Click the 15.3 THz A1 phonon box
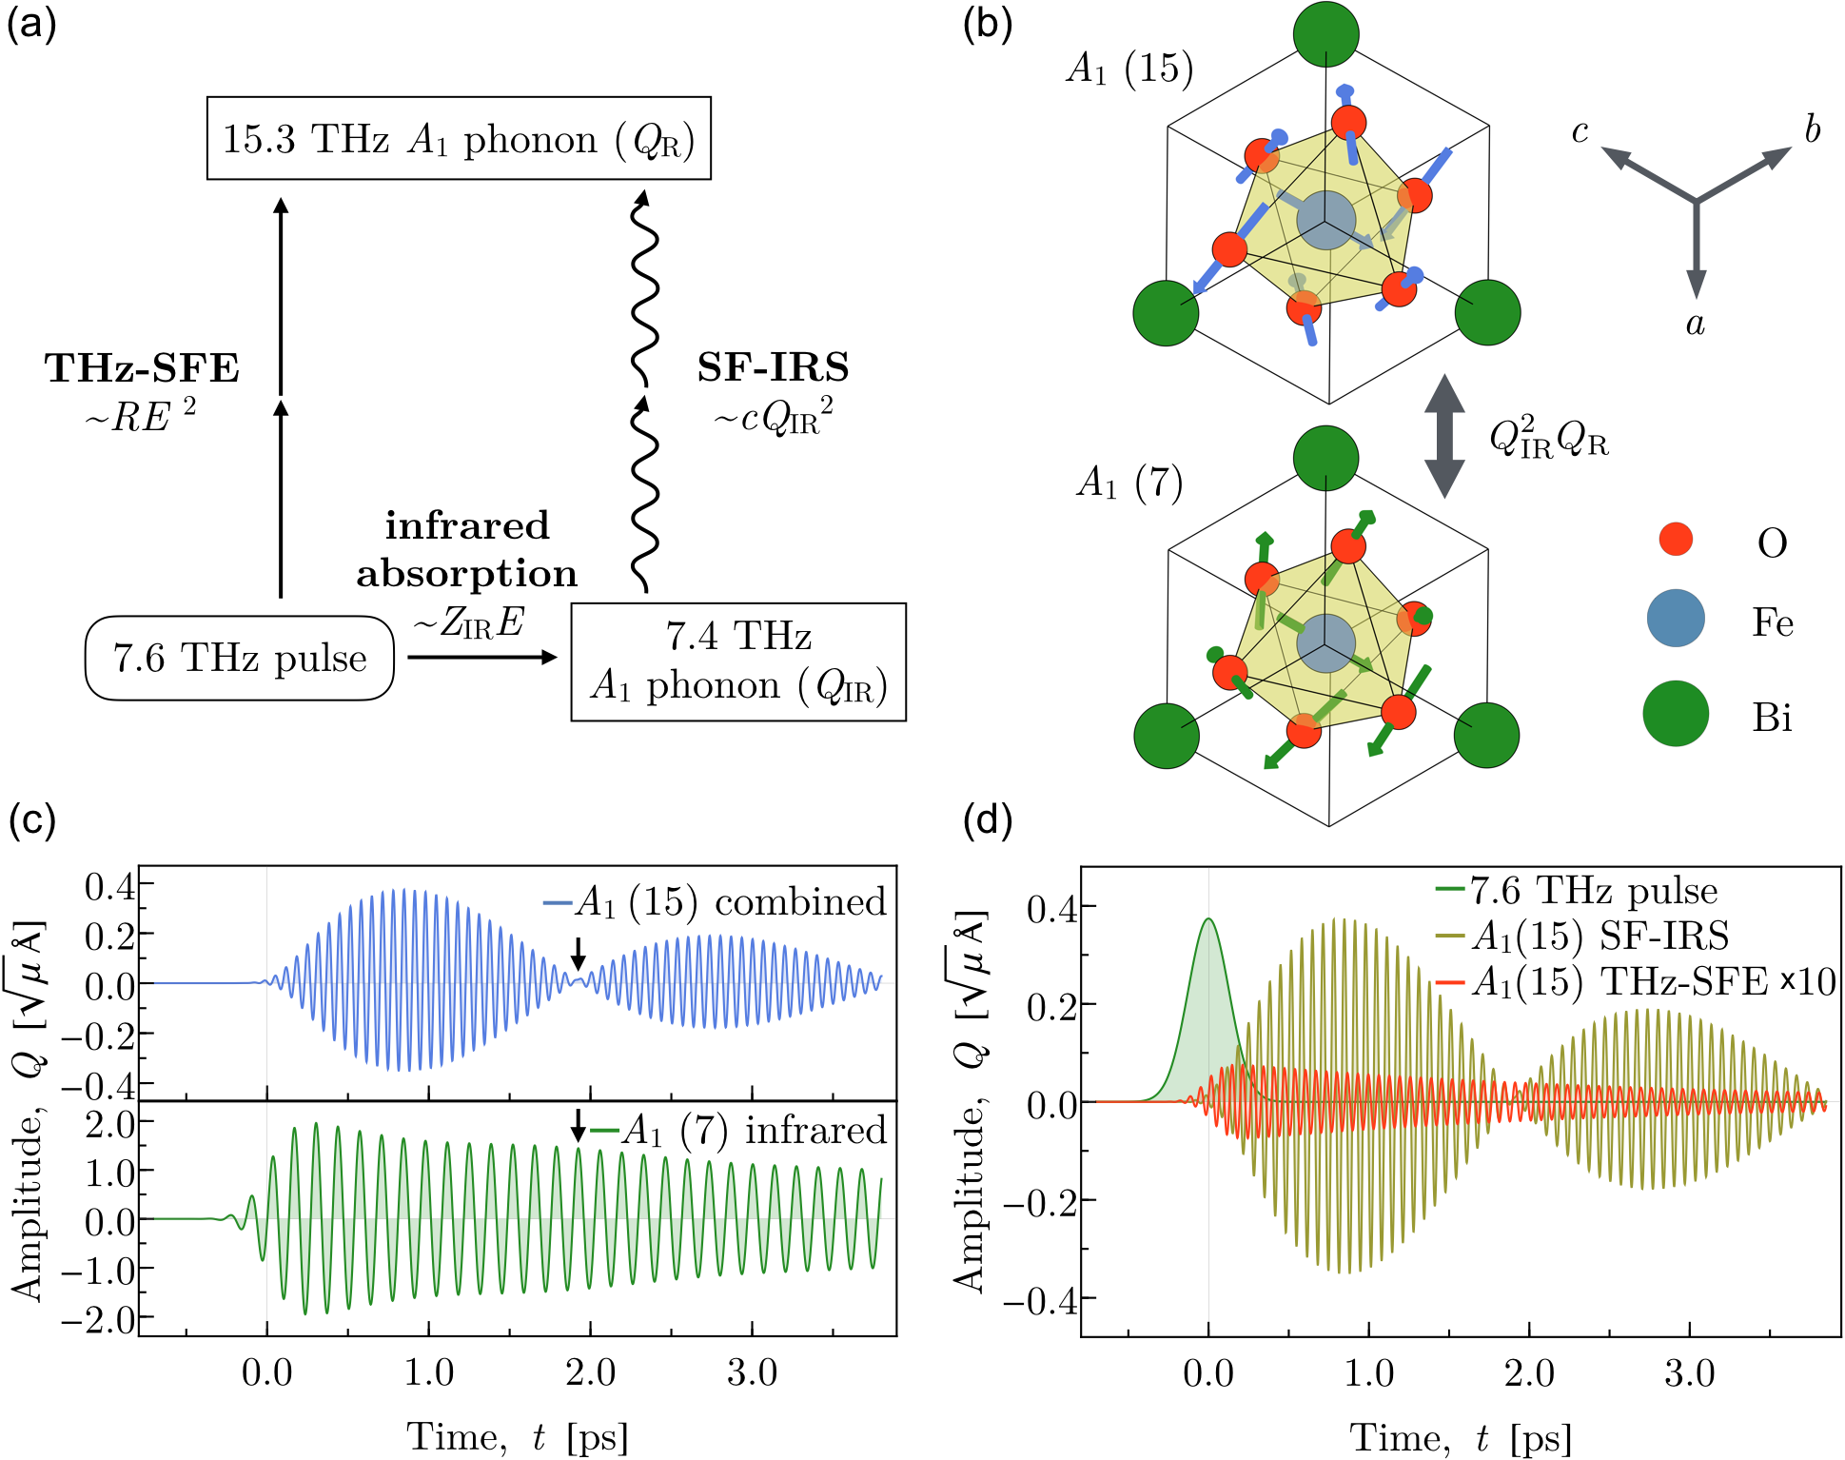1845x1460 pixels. point(459,138)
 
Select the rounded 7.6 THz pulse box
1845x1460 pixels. point(240,658)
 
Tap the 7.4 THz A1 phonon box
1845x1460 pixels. point(737,661)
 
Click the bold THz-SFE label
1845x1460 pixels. point(142,368)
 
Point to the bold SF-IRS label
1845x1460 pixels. point(773,367)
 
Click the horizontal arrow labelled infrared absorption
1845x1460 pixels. point(481,657)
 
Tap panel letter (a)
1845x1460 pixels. point(31,23)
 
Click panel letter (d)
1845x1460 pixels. point(988,819)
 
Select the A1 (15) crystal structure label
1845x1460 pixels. point(1129,69)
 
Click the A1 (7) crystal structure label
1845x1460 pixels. point(1129,483)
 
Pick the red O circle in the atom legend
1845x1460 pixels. point(1676,539)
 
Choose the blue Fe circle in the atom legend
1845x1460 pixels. point(1676,619)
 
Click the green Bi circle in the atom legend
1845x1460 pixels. point(1676,714)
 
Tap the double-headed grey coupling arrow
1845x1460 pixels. point(1443,436)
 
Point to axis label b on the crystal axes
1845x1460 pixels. point(1812,129)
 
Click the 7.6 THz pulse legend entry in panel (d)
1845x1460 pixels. point(1580,891)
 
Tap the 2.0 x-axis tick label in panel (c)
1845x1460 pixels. point(590,1372)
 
